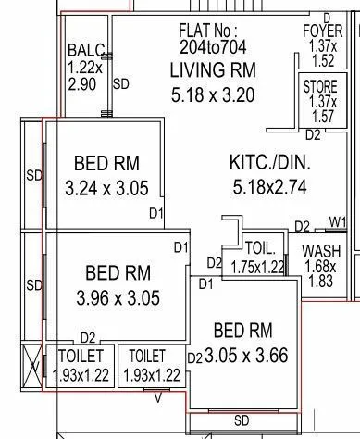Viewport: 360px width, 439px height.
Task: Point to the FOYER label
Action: (322, 31)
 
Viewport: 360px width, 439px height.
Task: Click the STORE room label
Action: (320, 86)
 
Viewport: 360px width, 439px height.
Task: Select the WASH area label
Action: (320, 252)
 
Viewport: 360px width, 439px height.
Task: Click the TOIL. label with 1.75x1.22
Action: (260, 248)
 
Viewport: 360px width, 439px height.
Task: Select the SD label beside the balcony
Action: (121, 84)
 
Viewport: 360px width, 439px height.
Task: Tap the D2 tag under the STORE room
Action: (313, 134)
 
